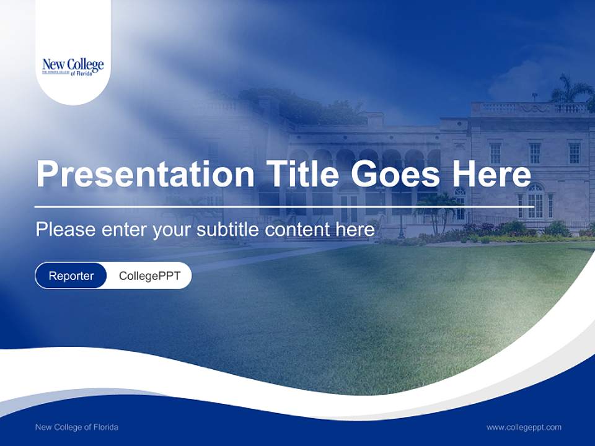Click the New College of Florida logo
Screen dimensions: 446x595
73,66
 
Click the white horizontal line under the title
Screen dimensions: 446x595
284,206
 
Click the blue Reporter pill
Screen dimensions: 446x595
71,276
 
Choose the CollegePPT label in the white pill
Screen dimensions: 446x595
149,276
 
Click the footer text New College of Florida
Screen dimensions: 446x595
77,427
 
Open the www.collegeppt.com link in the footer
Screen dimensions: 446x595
524,427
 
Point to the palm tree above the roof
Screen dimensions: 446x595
570,90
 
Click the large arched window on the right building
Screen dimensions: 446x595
535,200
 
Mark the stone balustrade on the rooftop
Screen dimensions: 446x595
530,108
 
